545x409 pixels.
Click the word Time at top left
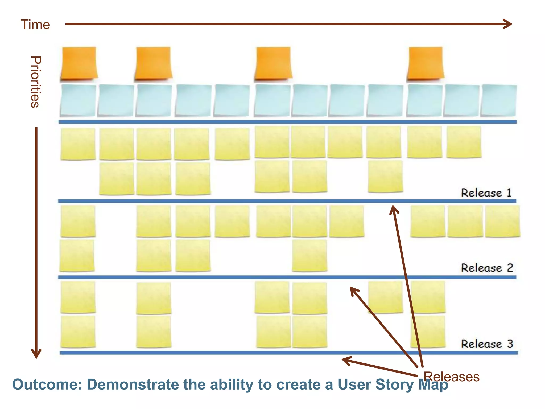[35, 24]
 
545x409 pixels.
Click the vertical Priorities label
[35, 82]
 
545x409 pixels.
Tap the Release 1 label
[486, 193]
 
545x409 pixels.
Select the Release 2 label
[487, 268]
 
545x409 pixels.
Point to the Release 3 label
[487, 344]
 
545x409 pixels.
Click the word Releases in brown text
[451, 377]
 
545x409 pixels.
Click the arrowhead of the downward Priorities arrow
[36, 354]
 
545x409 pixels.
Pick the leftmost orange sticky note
[79, 63]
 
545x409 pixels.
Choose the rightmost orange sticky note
[426, 63]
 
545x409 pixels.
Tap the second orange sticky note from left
[153, 63]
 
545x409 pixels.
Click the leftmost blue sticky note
[78, 100]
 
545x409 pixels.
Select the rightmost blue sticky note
[499, 100]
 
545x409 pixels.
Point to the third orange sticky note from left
[273, 63]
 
